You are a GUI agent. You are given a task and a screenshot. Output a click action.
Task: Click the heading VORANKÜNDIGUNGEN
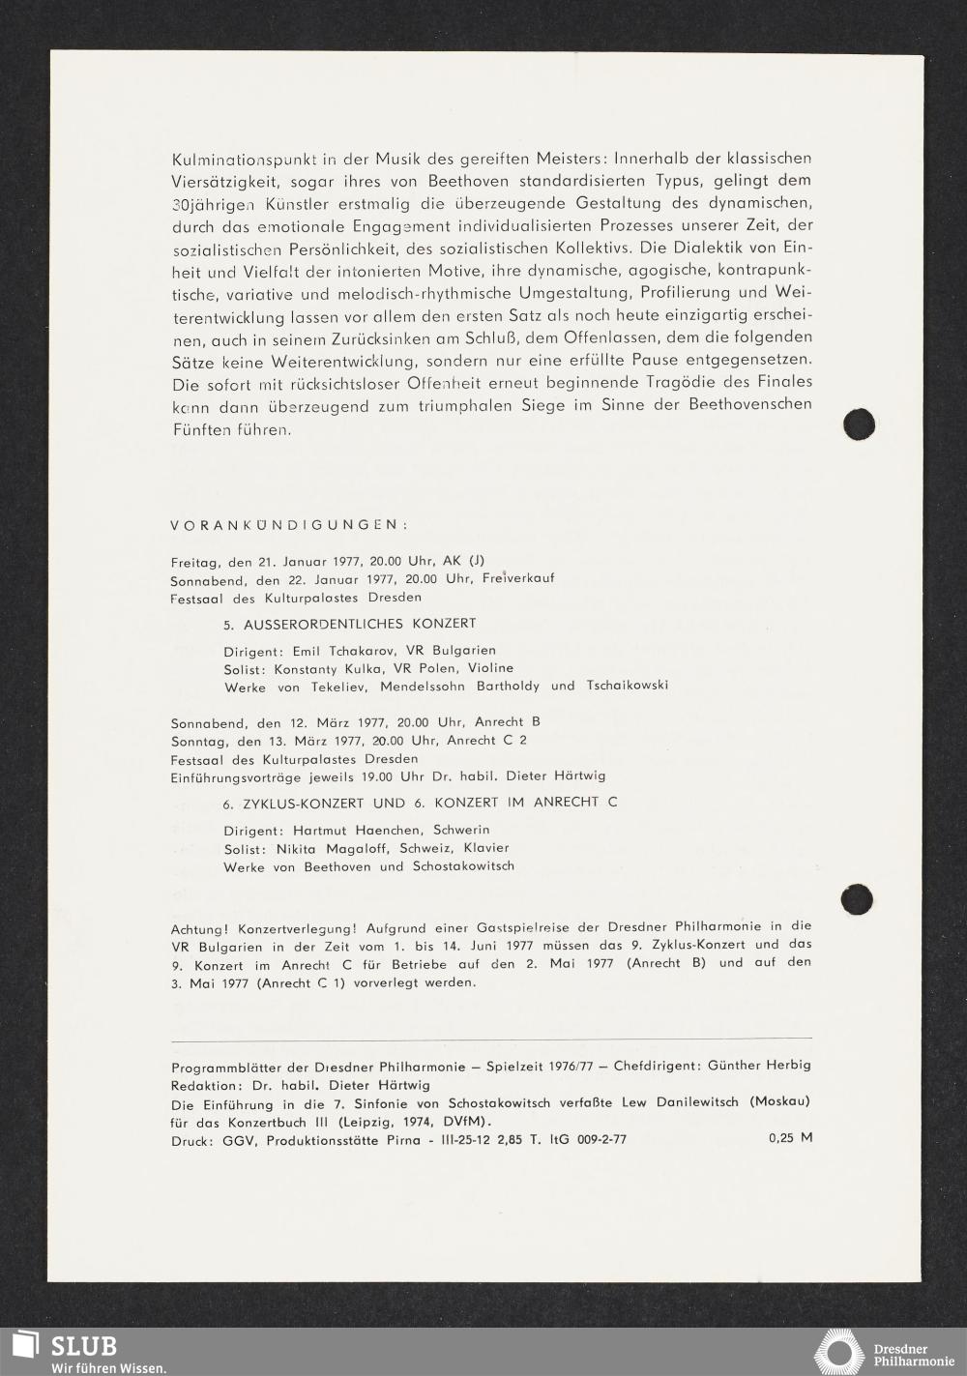click(289, 525)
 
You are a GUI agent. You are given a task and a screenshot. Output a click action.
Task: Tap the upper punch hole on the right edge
click(859, 424)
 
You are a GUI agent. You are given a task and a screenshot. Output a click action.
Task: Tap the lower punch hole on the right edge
click(857, 900)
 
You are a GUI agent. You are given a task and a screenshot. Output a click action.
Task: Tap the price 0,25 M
click(790, 1138)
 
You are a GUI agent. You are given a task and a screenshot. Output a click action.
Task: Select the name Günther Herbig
click(759, 1066)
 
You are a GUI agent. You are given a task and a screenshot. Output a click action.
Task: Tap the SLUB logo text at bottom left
click(84, 1345)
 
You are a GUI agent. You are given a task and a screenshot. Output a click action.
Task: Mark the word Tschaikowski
click(627, 686)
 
